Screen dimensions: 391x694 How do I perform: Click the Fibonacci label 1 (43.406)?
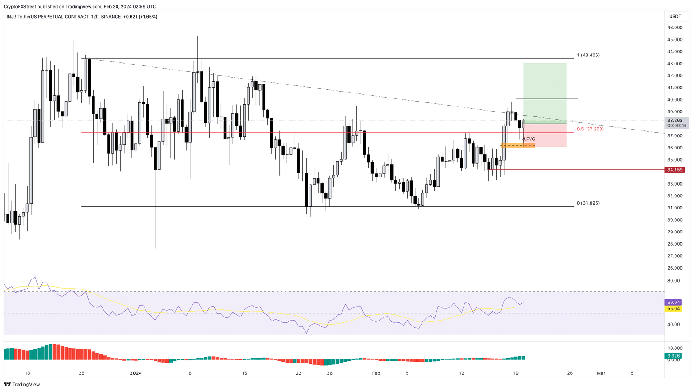(588, 55)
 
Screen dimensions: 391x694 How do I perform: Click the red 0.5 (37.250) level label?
(590, 129)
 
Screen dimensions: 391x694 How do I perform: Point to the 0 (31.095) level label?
(588, 203)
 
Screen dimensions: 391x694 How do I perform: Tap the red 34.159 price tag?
(674, 170)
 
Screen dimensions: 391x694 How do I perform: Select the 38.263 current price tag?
(675, 121)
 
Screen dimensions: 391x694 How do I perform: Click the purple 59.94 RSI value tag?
(673, 303)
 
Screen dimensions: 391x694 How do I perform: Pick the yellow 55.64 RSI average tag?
(673, 309)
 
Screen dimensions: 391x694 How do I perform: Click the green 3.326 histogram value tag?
(673, 356)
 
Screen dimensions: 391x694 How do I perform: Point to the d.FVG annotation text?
(529, 139)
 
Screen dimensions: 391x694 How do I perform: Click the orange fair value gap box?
(517, 145)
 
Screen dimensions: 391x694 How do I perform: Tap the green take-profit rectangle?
(544, 93)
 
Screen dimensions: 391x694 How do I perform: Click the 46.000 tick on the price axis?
(675, 28)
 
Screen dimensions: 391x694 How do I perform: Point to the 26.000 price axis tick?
(675, 268)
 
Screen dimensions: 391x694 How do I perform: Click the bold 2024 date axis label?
(136, 373)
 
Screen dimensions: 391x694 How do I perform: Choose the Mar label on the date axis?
(601, 373)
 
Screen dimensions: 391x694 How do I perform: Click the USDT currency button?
(675, 17)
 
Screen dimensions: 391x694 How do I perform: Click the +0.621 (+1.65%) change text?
(140, 17)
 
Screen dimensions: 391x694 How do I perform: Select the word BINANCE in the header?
(111, 17)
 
